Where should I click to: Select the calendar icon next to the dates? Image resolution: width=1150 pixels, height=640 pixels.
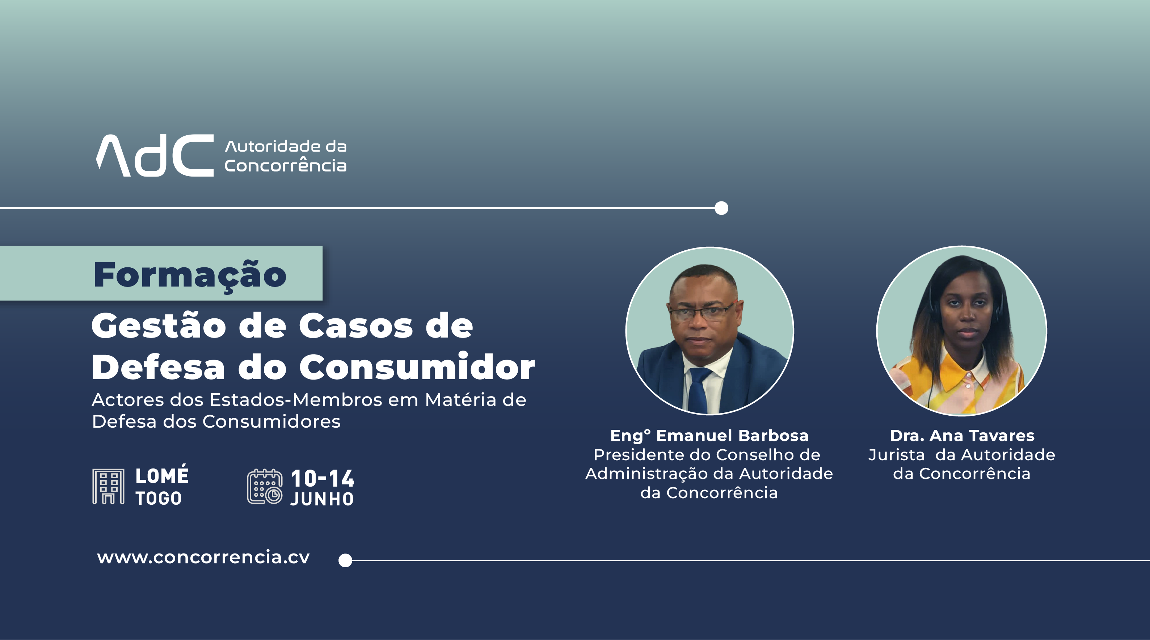tap(265, 487)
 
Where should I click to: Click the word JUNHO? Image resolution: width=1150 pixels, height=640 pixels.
tap(322, 499)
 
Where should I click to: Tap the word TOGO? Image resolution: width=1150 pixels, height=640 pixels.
tap(159, 499)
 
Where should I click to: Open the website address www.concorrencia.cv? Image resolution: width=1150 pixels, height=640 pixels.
tap(203, 558)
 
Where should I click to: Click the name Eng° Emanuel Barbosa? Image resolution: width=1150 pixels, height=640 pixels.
tap(709, 436)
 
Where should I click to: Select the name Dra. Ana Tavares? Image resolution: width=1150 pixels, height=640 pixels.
tap(962, 436)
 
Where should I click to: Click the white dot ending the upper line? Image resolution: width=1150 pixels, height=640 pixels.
tap(721, 208)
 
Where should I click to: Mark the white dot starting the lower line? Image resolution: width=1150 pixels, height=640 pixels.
tap(345, 560)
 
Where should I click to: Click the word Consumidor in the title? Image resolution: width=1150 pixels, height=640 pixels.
tap(417, 367)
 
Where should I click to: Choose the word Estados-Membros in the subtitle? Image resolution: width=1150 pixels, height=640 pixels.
tap(296, 400)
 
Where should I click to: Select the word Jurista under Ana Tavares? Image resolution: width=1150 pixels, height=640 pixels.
tap(896, 455)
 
